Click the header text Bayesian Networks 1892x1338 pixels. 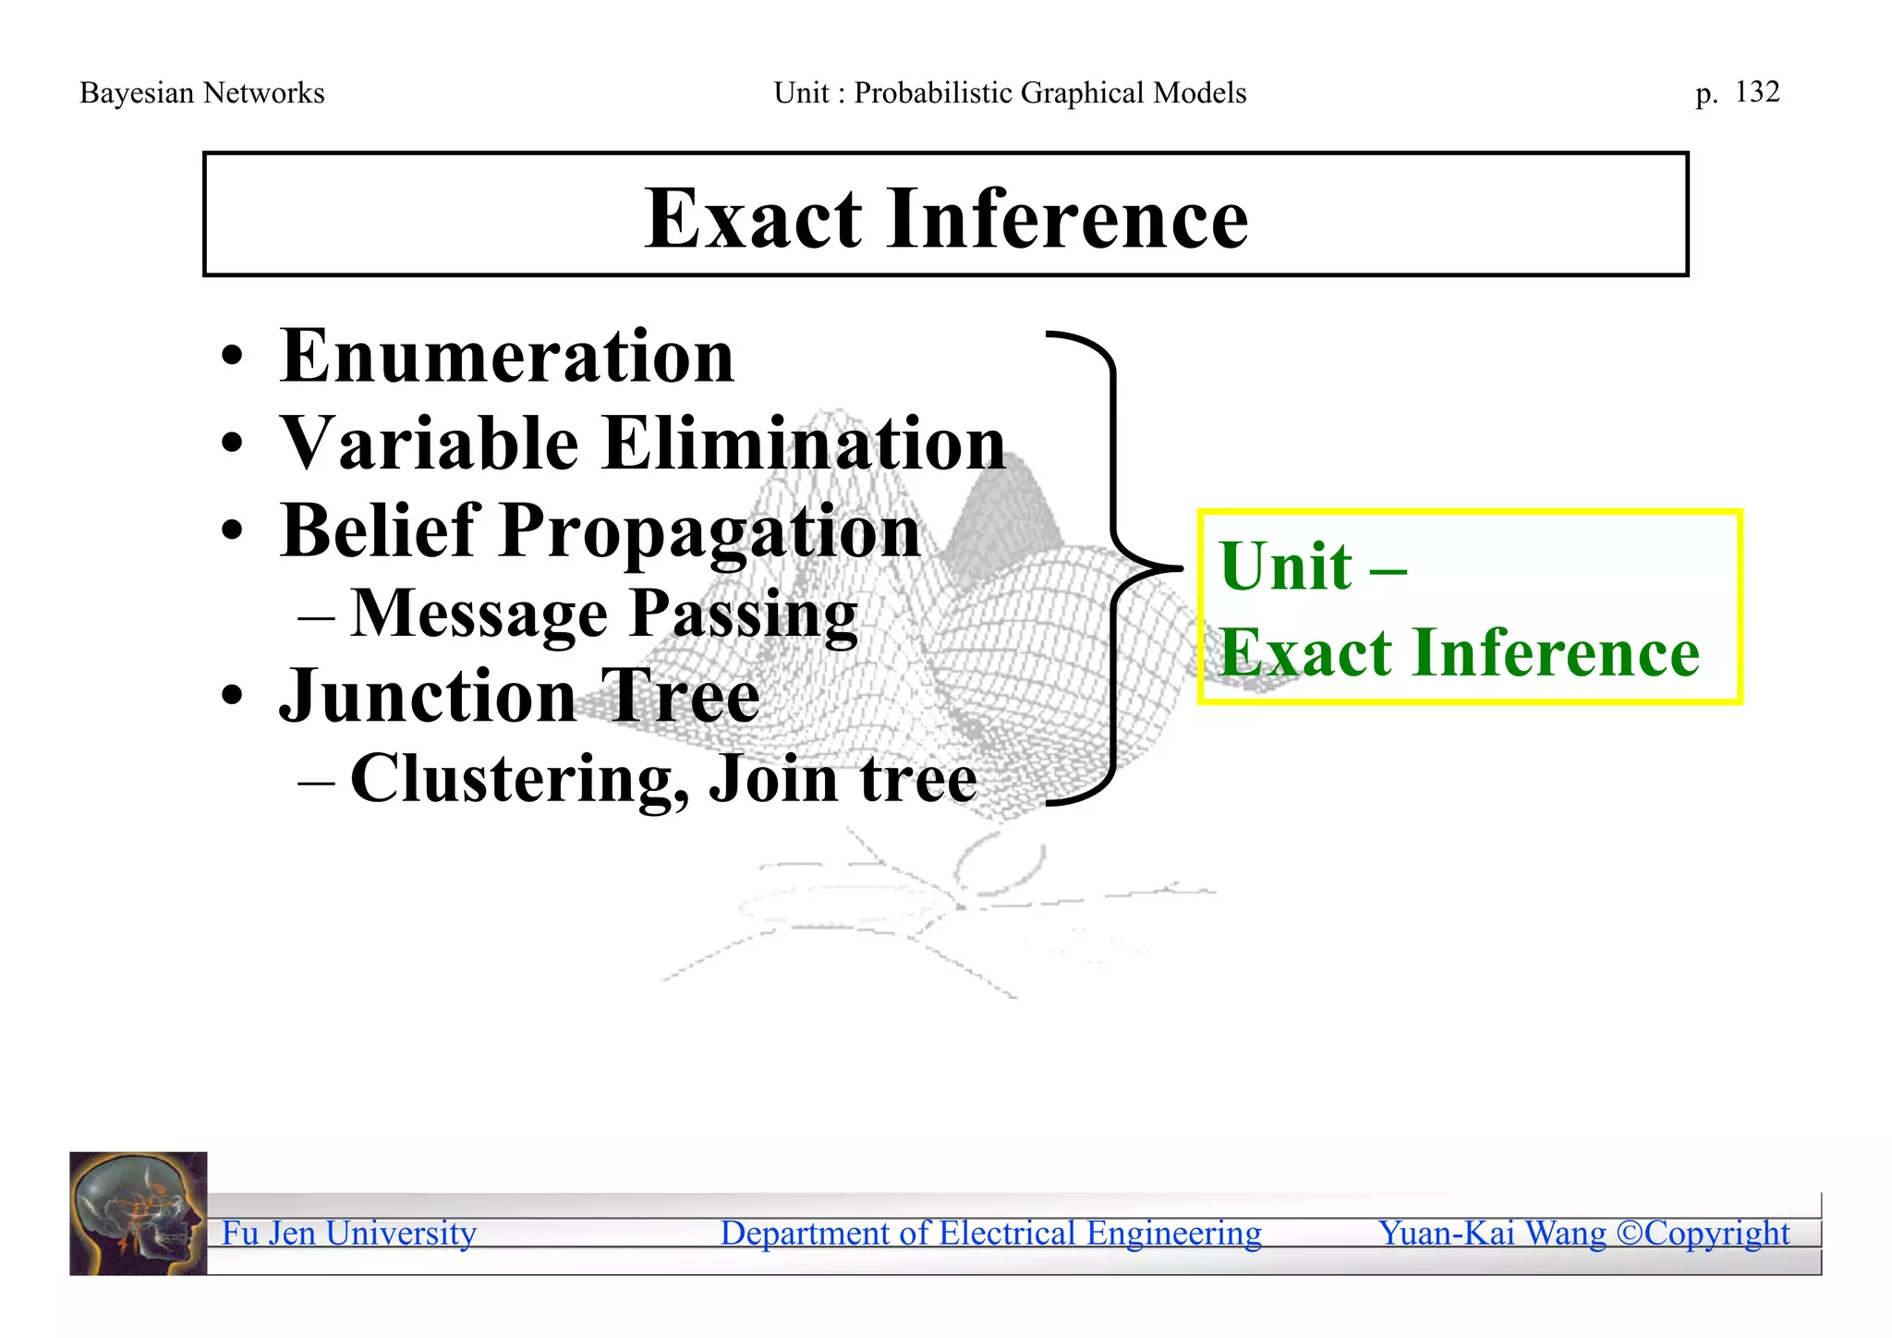(201, 93)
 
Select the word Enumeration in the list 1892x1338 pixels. (506, 357)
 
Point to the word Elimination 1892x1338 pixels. (804, 444)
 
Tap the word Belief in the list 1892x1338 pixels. (380, 530)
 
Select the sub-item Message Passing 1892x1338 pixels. (603, 614)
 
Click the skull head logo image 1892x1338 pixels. (139, 1213)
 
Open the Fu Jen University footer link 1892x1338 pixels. (348, 1233)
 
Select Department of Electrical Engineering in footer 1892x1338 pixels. (990, 1233)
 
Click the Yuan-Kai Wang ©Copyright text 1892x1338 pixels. (1583, 1233)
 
